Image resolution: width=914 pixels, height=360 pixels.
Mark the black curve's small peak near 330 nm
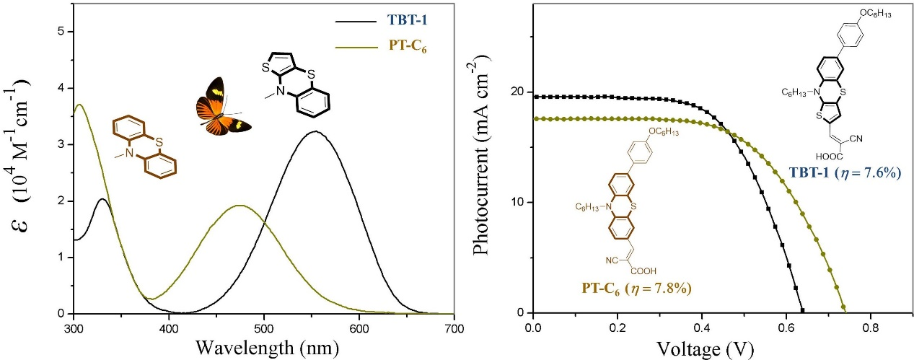click(102, 199)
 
